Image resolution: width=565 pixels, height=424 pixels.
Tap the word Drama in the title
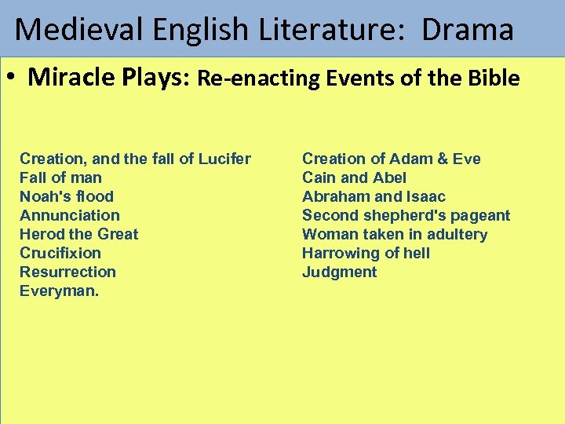468,30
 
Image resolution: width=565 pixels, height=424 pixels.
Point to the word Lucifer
225,159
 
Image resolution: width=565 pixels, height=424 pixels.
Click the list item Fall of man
60,177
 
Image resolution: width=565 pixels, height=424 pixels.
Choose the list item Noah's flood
67,196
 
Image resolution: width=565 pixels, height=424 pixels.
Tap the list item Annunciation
70,215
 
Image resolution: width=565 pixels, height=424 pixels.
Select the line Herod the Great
78,234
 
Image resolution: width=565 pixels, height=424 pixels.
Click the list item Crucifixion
60,253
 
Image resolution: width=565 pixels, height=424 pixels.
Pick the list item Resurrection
67,272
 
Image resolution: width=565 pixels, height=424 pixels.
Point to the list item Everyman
60,291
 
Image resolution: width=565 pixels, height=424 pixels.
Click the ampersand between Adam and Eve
443,159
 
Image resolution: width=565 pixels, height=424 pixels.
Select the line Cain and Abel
354,177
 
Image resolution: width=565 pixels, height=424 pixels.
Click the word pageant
479,215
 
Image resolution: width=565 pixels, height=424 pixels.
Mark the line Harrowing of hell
366,253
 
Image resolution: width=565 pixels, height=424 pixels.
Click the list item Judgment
339,272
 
